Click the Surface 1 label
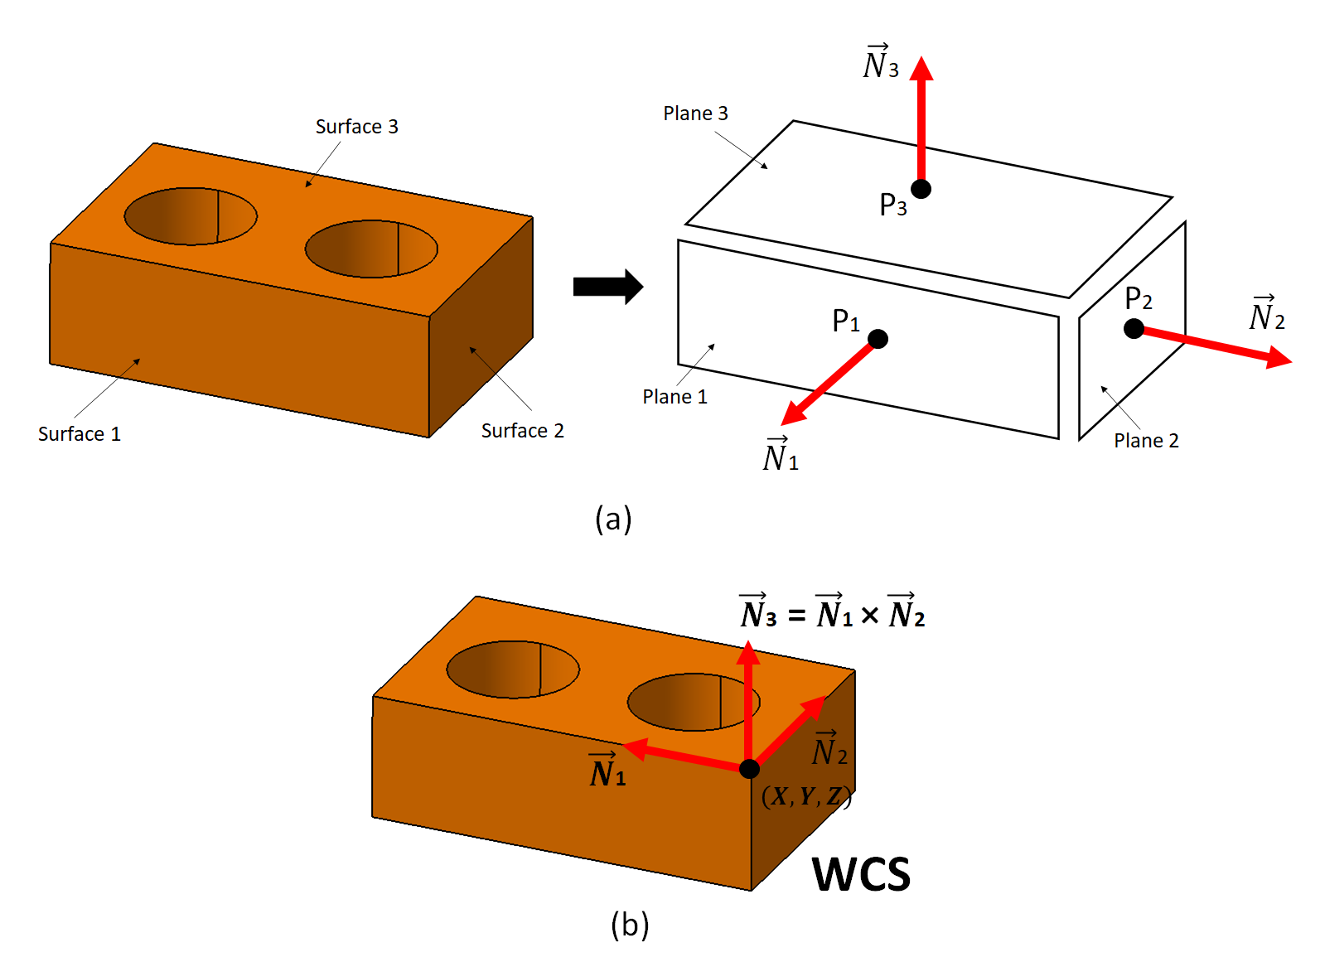80,434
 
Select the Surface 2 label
522,431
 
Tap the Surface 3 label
356,127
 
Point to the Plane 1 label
675,397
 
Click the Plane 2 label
1145,441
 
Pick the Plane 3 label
695,114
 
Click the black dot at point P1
878,338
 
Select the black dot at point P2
1134,328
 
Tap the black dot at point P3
921,189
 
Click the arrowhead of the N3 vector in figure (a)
921,68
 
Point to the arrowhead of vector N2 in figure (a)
1280,359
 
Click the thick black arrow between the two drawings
607,287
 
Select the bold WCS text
861,875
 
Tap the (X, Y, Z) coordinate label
805,796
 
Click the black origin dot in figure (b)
749,769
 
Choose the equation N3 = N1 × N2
832,614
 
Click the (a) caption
613,519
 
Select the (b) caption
629,924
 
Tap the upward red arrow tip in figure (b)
748,652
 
